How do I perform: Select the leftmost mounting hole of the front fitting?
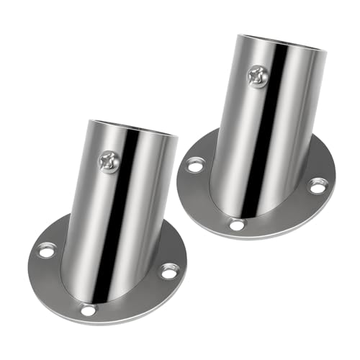(x=46, y=251)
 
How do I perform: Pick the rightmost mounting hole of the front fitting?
(x=168, y=271)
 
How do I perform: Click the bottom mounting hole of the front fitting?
(x=88, y=310)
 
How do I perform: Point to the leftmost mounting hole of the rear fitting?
(x=195, y=166)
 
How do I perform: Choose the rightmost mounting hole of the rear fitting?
(x=318, y=186)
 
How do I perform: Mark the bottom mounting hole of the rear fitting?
(x=236, y=225)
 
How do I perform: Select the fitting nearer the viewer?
(x=108, y=230)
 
